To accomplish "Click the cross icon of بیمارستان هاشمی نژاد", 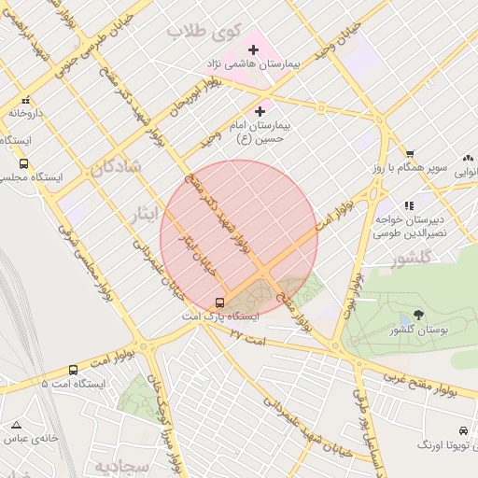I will point(253,49).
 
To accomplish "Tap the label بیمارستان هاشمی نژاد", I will point(254,65).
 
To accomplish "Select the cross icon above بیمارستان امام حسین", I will point(260,112).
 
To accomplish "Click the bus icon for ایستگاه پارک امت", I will point(220,302).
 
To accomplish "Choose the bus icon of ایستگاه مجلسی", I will point(23,163).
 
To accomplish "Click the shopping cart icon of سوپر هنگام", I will point(409,154).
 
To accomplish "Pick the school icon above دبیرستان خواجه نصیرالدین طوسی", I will point(408,205).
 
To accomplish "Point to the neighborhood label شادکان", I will point(116,167).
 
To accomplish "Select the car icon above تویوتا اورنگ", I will point(463,431).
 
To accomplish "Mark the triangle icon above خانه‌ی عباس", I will point(16,424).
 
